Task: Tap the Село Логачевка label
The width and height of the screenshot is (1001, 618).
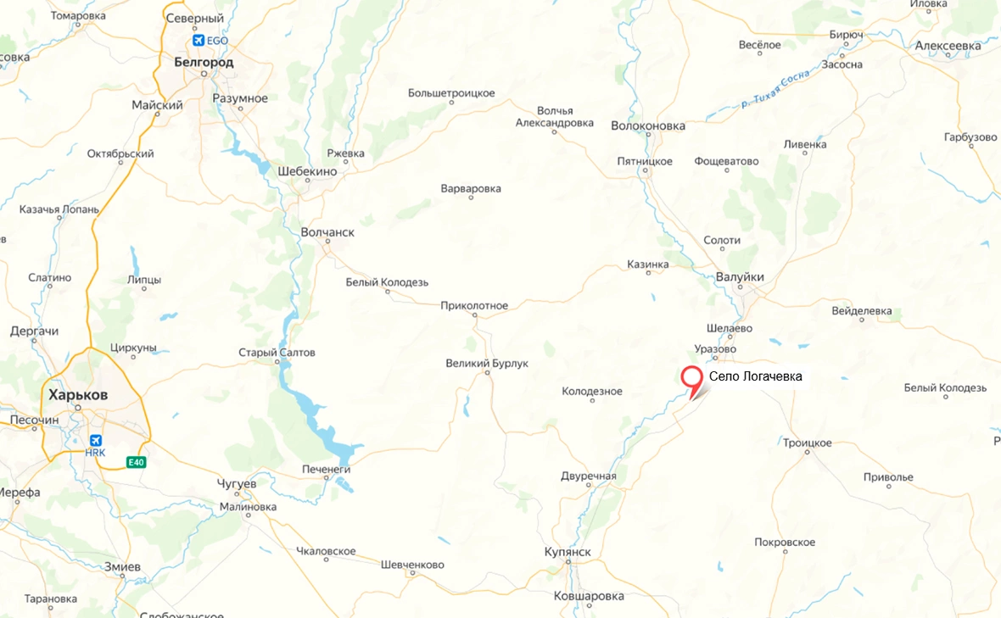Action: coord(755,376)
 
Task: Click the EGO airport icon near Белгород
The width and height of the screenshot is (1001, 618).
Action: coord(199,40)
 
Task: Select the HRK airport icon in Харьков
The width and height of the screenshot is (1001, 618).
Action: coord(95,440)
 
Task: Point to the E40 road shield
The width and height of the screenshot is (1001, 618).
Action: coord(136,462)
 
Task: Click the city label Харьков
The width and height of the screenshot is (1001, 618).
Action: coord(78,395)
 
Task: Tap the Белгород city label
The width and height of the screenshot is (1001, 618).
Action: coord(204,61)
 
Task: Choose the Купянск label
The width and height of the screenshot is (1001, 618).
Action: coord(568,552)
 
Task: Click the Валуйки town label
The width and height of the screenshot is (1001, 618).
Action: coord(740,277)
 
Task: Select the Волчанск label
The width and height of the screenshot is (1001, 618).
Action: coord(327,231)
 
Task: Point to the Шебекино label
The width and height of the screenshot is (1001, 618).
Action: coord(307,171)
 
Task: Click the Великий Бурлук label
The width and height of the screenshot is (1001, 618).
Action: coord(487,363)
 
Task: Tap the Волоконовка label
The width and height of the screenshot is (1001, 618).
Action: coord(648,125)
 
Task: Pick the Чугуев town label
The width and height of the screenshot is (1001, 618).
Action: coord(237,482)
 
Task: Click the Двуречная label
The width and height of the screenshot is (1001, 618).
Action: coord(588,476)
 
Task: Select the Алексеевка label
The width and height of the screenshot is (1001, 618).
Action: coord(948,44)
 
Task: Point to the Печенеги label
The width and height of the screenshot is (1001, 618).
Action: coord(327,469)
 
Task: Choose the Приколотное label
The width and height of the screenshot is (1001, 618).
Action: coord(474,305)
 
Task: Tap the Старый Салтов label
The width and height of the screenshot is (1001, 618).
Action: coord(277,352)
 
